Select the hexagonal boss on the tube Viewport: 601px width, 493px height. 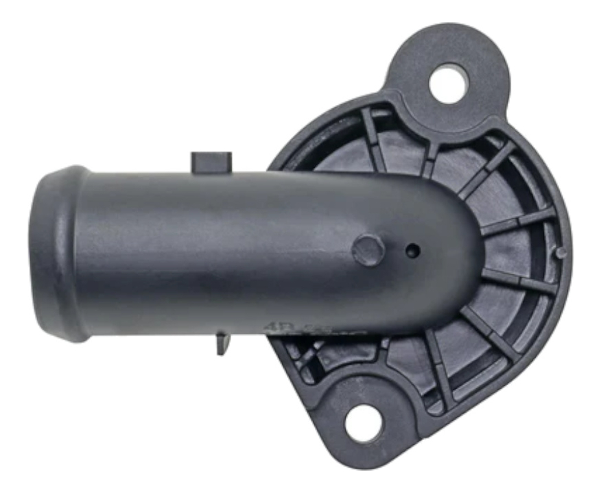[x=368, y=250]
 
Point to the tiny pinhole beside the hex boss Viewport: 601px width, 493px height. [x=412, y=252]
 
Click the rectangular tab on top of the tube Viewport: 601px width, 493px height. [x=211, y=162]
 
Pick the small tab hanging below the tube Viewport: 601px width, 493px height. [x=222, y=342]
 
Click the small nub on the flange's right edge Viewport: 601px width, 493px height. [x=561, y=253]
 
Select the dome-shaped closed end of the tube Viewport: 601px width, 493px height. [x=460, y=247]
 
